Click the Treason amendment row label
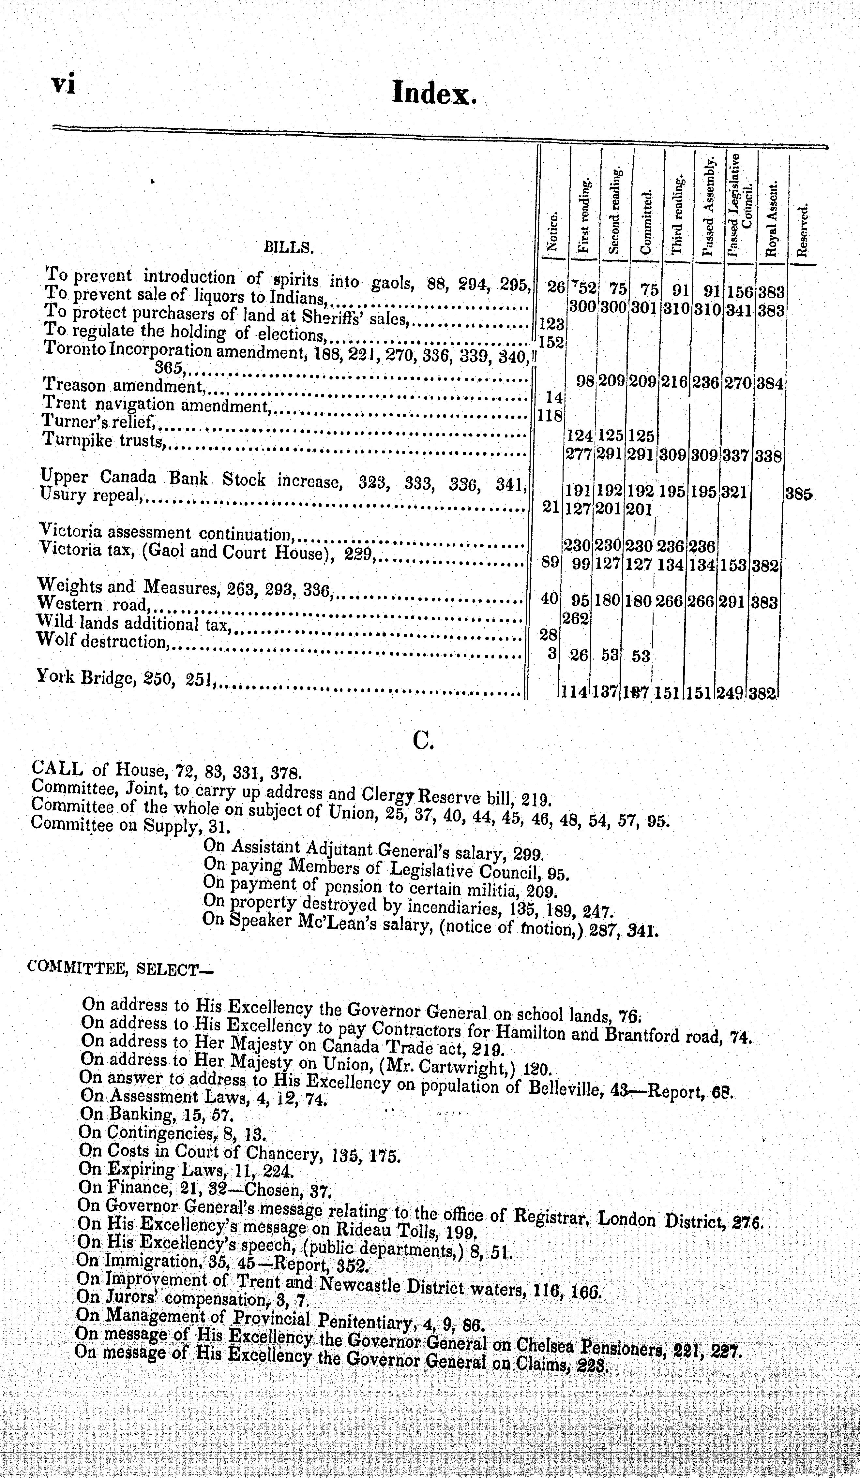[x=123, y=385]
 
